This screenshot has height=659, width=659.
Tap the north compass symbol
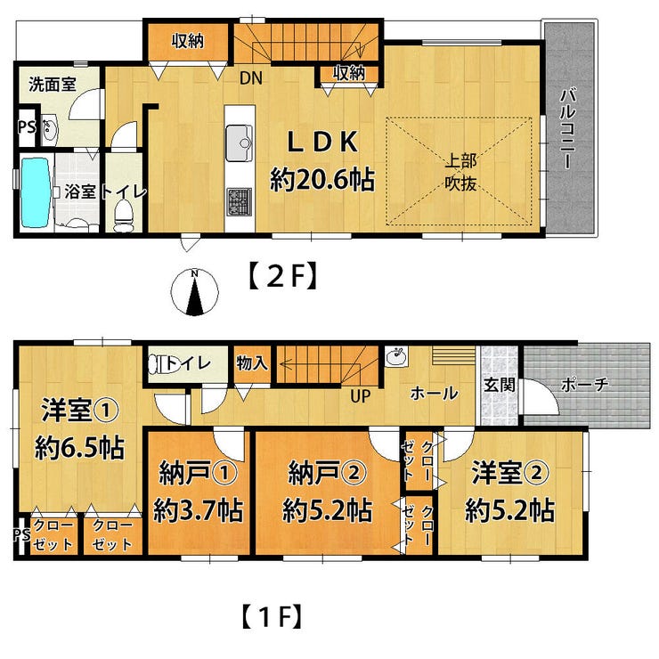point(195,292)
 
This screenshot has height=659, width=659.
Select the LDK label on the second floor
point(322,142)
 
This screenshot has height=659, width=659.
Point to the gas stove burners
point(240,201)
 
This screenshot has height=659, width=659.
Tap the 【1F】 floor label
point(272,615)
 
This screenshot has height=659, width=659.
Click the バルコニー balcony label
point(568,127)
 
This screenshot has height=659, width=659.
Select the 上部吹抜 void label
point(460,173)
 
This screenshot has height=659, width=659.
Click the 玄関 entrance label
point(500,385)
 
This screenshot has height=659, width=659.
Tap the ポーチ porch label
point(584,384)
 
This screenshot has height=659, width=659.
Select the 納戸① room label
point(199,474)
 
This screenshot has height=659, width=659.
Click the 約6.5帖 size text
point(79,448)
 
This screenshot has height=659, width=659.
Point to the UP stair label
point(361,396)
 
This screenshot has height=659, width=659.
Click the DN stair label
point(251,77)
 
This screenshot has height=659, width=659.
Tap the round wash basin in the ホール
point(395,357)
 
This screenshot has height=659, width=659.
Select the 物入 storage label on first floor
point(252,363)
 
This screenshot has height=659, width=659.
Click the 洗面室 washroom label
point(53,85)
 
